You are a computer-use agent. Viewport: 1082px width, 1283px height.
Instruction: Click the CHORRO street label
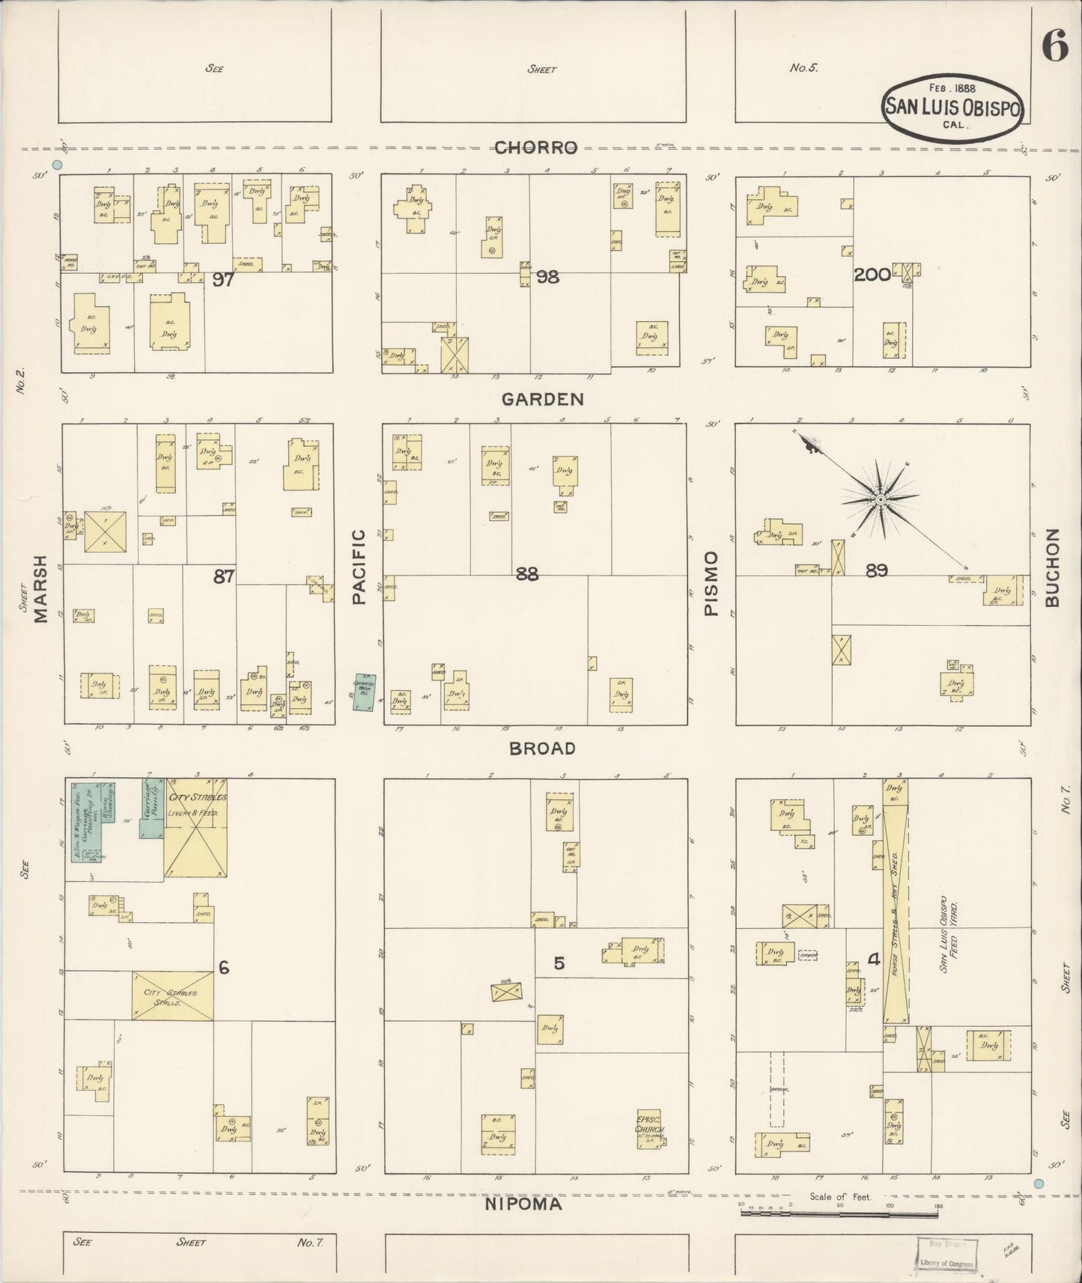[535, 147]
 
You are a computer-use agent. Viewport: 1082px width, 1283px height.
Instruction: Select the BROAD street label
[542, 748]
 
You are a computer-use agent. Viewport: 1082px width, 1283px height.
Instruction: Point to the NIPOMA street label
[523, 1204]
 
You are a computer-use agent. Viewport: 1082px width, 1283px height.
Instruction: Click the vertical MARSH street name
[40, 588]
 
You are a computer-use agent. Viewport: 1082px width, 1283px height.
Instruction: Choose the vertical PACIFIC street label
[359, 567]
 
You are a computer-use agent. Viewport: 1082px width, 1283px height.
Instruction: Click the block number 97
[223, 280]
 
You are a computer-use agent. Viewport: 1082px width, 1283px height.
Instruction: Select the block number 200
[872, 275]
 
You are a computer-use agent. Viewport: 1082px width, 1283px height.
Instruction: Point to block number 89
[876, 571]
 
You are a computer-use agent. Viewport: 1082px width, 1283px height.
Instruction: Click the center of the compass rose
[881, 499]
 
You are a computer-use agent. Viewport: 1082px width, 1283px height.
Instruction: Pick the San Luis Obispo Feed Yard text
[949, 933]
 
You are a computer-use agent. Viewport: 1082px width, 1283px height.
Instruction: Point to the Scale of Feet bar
[839, 1211]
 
